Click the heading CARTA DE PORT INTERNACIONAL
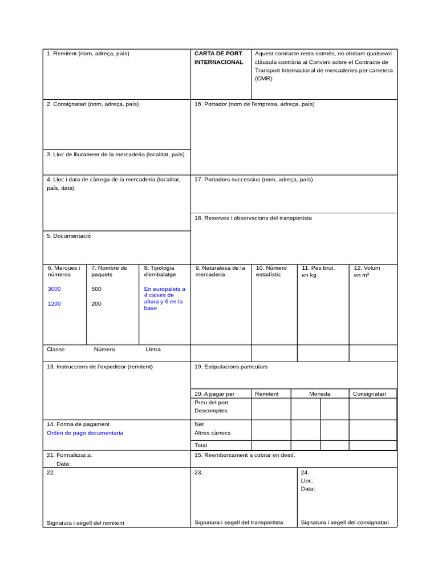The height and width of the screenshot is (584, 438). coord(218,58)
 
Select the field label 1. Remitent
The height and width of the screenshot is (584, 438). coord(88,54)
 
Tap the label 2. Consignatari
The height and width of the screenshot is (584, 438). coord(92,104)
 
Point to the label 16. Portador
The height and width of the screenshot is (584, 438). coord(254,104)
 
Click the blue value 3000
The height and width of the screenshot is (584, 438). coord(54,289)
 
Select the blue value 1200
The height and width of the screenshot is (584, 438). coord(54,303)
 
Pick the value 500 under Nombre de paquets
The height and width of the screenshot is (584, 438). coord(96,289)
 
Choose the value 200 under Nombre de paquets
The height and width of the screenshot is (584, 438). coord(96,303)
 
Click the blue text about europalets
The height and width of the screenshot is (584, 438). coord(164,298)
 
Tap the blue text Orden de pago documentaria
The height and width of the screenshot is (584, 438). coord(84,433)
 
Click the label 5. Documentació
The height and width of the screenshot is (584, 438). coord(68,236)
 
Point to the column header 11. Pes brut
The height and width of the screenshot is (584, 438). coord(318,271)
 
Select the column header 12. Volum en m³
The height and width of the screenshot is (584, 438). coord(367,271)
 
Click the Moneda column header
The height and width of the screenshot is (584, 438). coord(319,394)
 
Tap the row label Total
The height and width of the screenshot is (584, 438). coord(201,445)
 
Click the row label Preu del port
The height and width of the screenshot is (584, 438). coord(211,402)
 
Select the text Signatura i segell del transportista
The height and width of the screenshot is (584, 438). coord(238,522)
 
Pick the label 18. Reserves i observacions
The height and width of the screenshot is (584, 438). coord(253,218)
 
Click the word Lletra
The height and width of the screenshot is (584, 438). coord(153,349)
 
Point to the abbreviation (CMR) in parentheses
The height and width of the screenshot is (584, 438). coord(263,79)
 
